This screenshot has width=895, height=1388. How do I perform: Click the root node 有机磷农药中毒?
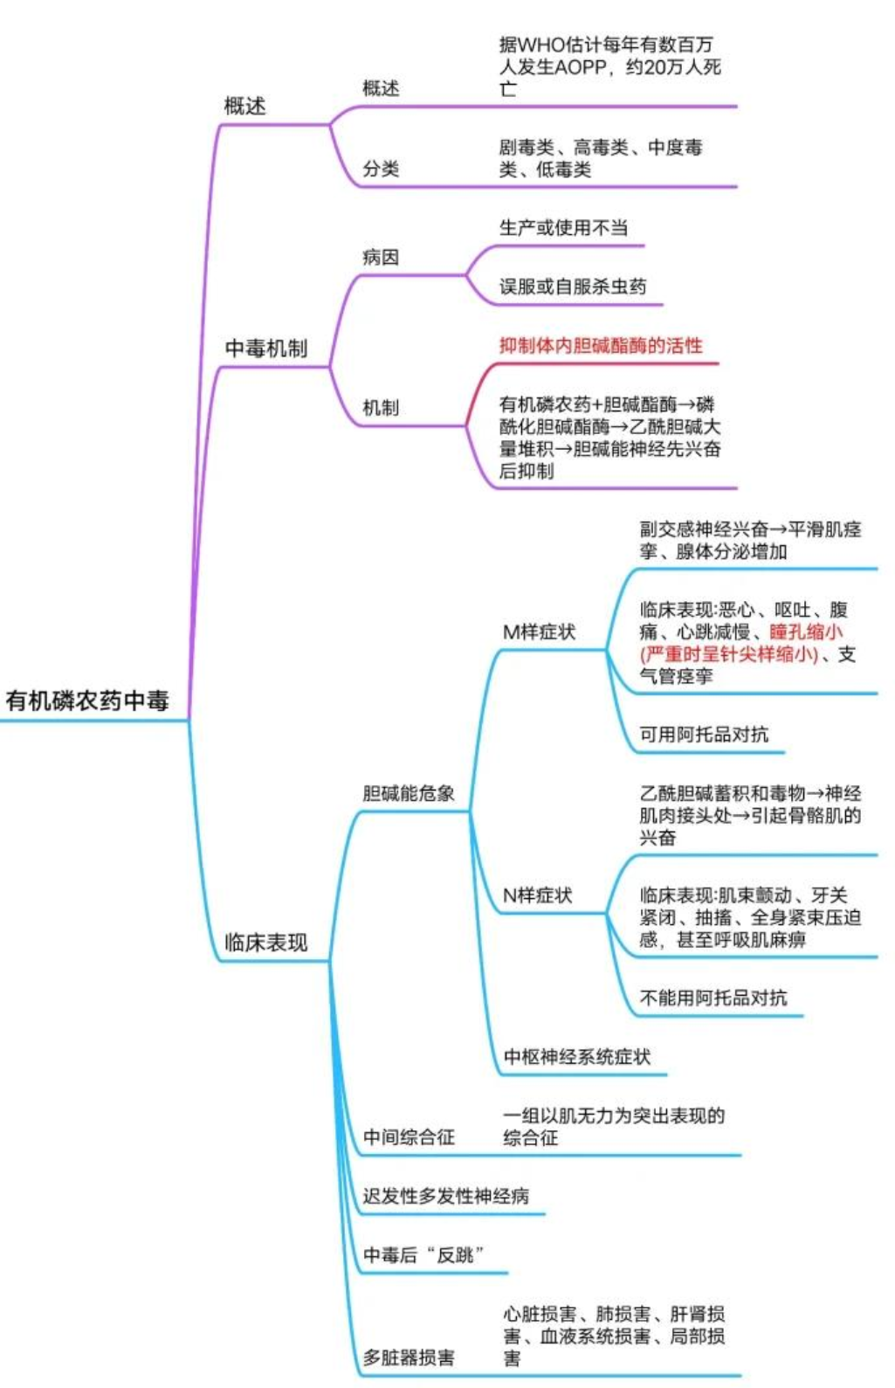click(87, 701)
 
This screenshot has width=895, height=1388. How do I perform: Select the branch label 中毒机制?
click(266, 349)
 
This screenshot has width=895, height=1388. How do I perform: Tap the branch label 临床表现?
click(266, 943)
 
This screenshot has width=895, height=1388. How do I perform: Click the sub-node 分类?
click(381, 169)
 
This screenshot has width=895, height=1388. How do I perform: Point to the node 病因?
click(381, 257)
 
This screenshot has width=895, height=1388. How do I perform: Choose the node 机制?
click(381, 407)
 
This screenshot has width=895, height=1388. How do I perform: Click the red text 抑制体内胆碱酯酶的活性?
click(601, 346)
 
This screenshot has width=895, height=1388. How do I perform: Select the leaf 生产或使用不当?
click(563, 228)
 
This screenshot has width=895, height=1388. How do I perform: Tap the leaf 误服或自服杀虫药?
click(573, 287)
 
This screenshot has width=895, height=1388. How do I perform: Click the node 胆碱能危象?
click(409, 793)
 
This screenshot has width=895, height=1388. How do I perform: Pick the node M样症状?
click(540, 632)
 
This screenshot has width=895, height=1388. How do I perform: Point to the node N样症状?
click(538, 895)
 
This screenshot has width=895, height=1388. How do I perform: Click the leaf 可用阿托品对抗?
click(704, 735)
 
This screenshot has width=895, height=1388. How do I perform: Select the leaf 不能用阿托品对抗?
click(713, 998)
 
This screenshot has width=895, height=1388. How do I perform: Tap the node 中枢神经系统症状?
click(577, 1057)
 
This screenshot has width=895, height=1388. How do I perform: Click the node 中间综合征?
click(409, 1136)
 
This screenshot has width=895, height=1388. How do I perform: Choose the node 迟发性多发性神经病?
click(446, 1196)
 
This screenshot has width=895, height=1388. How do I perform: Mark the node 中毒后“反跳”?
click(424, 1254)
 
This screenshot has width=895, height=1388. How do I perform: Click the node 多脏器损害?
click(409, 1357)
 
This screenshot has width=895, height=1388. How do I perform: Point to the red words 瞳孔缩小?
click(806, 632)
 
